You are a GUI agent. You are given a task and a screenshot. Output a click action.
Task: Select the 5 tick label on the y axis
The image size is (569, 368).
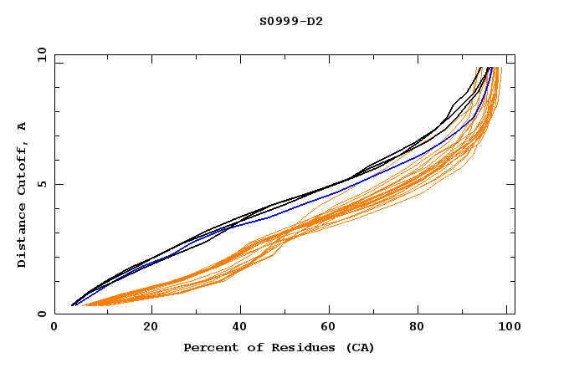42,185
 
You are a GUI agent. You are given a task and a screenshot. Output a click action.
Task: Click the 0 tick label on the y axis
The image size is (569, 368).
42,314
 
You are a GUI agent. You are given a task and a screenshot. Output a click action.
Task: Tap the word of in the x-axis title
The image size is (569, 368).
251,347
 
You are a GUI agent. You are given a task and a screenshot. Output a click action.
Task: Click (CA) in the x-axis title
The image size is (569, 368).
360,347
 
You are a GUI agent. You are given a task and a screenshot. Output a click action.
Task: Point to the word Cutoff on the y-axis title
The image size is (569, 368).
22,171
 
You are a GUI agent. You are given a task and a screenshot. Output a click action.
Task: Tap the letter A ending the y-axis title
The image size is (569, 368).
22,126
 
